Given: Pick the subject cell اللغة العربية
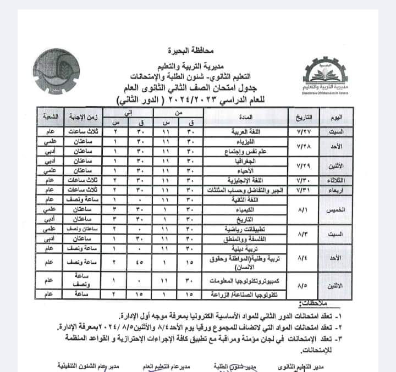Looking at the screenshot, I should click(246, 132).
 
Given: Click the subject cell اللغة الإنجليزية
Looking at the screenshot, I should click(246, 179).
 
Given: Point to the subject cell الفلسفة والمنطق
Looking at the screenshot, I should click(246, 239).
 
